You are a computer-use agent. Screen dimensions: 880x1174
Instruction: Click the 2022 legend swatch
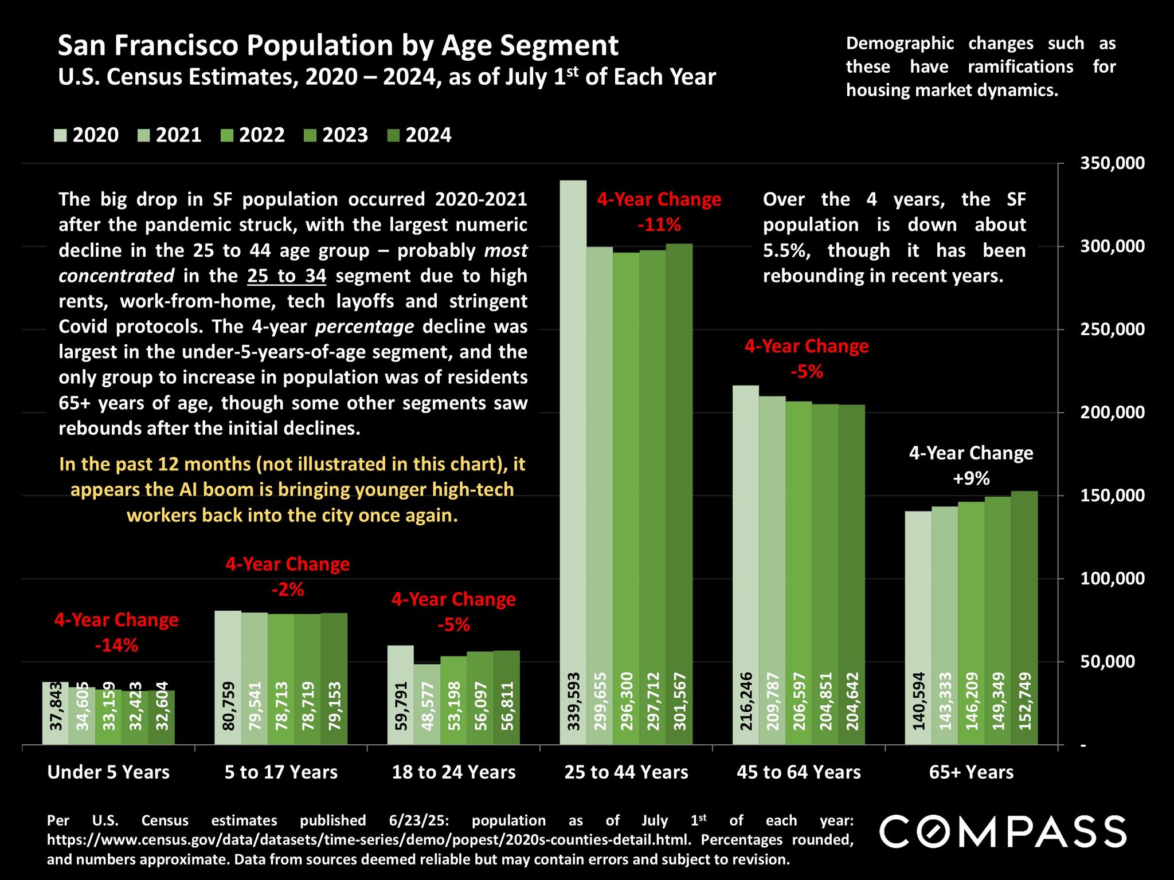click(227, 136)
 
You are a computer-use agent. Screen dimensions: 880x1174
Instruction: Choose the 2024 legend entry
click(420, 135)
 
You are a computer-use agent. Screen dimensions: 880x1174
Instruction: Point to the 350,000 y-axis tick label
click(1112, 163)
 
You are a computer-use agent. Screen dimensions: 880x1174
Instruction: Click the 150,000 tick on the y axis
click(1112, 496)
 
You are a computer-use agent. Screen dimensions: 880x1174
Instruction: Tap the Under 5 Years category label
click(108, 772)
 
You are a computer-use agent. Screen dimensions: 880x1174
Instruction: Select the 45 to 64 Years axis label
click(799, 772)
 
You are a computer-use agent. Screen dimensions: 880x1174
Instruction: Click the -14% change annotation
click(116, 646)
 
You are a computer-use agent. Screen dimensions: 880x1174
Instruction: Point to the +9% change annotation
click(971, 478)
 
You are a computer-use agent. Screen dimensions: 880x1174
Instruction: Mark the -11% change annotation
click(659, 225)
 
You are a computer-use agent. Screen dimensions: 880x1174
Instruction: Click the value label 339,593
click(573, 701)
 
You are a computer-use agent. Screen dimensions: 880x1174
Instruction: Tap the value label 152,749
click(1025, 701)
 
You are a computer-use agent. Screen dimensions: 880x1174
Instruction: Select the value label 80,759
click(228, 706)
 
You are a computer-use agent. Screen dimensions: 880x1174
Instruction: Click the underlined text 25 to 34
click(287, 276)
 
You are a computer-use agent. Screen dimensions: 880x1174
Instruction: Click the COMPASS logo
click(1003, 832)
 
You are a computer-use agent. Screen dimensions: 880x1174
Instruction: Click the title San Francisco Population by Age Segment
click(338, 45)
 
